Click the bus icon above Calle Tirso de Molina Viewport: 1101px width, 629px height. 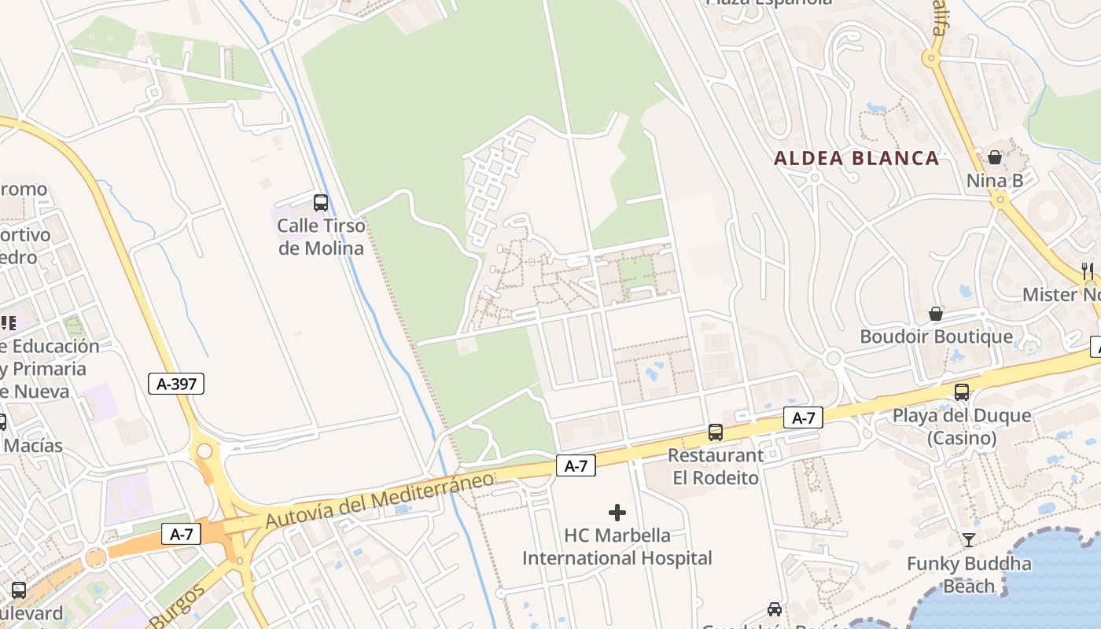click(320, 203)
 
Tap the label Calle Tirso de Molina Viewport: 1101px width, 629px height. click(321, 237)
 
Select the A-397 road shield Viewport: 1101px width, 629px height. click(176, 384)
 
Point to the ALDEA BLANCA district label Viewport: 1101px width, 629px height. click(856, 158)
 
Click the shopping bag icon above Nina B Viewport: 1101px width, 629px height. click(995, 158)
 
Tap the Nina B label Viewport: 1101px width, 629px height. click(995, 181)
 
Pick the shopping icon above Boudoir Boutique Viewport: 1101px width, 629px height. click(936, 314)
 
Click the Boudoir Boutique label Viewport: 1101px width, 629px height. click(936, 337)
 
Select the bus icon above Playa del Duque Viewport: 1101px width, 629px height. click(961, 392)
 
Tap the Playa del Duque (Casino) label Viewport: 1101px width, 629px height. click(961, 426)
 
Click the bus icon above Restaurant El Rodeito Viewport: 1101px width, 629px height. click(715, 432)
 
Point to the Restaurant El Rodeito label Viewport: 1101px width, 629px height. click(715, 466)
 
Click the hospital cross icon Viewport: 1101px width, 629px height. click(617, 513)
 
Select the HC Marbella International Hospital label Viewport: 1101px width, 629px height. click(617, 546)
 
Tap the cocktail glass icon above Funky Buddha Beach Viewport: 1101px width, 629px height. click(968, 540)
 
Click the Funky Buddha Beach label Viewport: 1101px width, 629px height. click(968, 575)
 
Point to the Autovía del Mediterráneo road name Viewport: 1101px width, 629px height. click(380, 499)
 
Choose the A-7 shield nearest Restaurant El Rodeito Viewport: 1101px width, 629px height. click(803, 418)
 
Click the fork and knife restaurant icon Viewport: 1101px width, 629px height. click(1088, 271)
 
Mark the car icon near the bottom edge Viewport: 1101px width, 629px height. click(775, 609)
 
